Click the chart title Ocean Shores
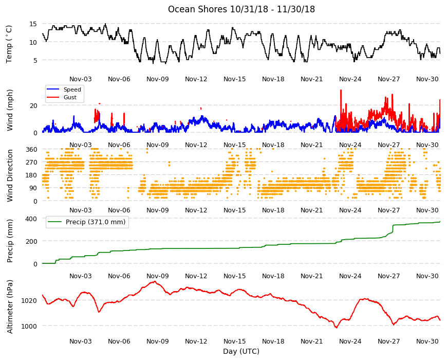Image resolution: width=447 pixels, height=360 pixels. [198, 9]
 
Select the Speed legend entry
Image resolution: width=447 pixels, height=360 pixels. [72, 89]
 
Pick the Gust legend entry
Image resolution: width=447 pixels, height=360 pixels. [70, 97]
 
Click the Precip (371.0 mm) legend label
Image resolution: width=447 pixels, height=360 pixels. [96, 222]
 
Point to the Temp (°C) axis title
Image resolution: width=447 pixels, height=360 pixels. [9, 44]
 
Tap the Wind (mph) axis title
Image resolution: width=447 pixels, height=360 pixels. [10, 110]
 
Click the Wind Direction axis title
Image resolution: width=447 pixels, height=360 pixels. [10, 176]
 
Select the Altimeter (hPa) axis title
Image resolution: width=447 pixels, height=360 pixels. [10, 307]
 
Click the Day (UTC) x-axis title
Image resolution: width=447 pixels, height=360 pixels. [241, 351]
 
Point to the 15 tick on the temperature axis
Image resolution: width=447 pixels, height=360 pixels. [33, 24]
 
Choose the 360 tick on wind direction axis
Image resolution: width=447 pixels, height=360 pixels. [31, 150]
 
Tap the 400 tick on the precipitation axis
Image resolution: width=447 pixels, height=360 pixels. [31, 219]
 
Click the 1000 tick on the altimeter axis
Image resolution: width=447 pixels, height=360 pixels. [29, 326]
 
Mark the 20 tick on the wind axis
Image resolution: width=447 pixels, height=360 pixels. [33, 105]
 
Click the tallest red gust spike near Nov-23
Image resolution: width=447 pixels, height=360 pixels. [341, 91]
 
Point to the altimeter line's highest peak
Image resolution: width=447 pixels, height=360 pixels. [155, 281]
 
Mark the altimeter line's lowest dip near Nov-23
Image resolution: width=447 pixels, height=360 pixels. [337, 328]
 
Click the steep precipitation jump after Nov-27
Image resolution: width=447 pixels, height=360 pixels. [393, 228]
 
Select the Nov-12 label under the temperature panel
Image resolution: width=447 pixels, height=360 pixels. [196, 79]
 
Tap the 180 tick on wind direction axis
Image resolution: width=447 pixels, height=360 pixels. [31, 175]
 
